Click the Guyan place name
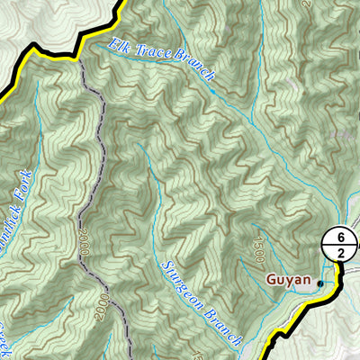click(x=288, y=280)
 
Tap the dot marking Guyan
click(x=319, y=283)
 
